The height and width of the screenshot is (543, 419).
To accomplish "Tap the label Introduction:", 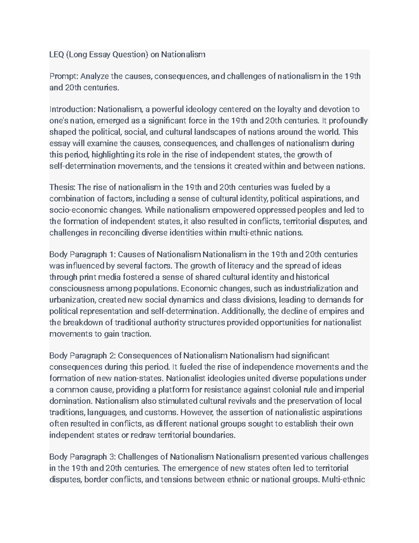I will (72, 109).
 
